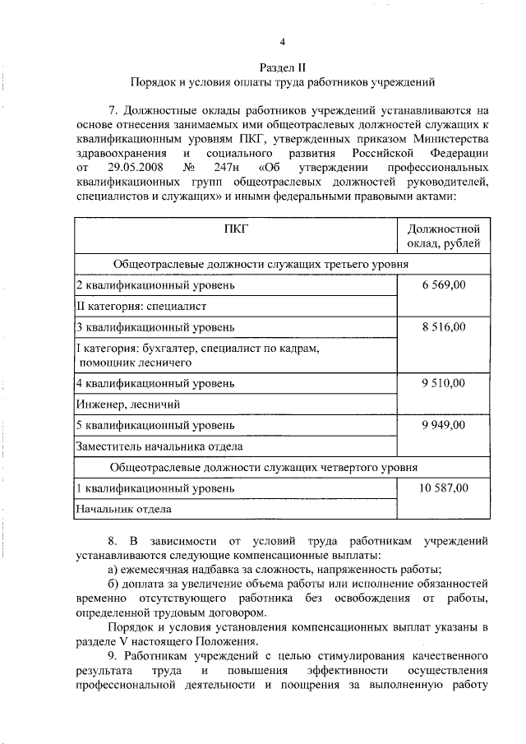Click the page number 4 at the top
(282, 43)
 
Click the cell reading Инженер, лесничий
(127, 404)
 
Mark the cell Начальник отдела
(124, 509)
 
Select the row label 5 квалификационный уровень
(155, 425)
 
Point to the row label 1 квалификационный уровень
(155, 488)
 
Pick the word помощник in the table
(110, 362)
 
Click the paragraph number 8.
(113, 542)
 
